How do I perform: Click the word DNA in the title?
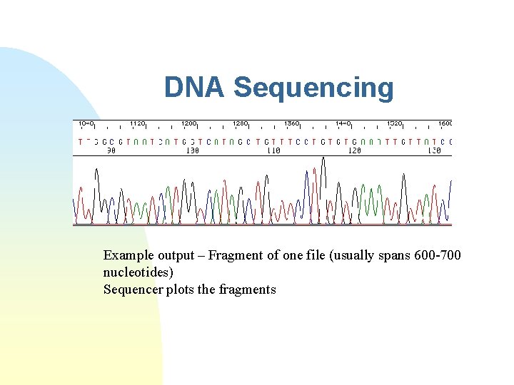click(194, 88)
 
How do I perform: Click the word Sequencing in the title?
click(313, 88)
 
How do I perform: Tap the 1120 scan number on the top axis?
click(138, 123)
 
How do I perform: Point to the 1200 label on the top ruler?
click(189, 123)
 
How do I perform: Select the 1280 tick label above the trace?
click(241, 123)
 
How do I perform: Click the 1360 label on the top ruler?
click(292, 123)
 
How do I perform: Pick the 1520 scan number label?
click(394, 123)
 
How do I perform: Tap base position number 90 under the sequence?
click(111, 150)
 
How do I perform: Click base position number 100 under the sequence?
click(192, 150)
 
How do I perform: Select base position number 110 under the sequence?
click(273, 150)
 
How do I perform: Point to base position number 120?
click(354, 150)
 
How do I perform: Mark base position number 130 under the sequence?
click(434, 150)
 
